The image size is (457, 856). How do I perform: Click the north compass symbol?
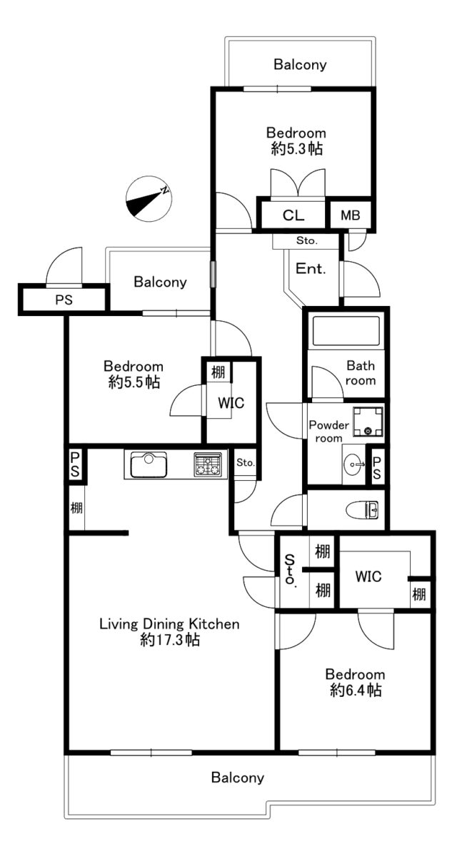[x=149, y=199]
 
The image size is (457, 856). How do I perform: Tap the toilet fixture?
[x=362, y=510]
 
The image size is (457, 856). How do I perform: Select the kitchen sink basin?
[x=149, y=464]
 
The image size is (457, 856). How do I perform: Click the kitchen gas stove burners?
[x=208, y=464]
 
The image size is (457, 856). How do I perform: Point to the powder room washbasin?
[x=353, y=464]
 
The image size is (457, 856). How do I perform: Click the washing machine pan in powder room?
[x=368, y=422]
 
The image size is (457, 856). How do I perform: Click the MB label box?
[x=351, y=215]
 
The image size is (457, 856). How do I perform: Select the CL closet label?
[x=293, y=215]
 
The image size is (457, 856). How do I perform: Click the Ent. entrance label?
[x=311, y=269]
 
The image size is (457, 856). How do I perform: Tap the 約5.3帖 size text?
[x=297, y=148]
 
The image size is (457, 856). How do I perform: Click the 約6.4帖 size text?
[x=356, y=690]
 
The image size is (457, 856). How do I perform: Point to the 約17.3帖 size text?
[x=170, y=639]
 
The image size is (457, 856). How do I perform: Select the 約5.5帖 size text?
[x=134, y=382]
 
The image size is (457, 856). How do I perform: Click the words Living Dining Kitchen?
[x=169, y=623]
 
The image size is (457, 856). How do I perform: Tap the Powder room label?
[x=329, y=432]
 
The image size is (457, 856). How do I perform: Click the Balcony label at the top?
[x=300, y=65]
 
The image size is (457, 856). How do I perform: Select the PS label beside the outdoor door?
[x=64, y=300]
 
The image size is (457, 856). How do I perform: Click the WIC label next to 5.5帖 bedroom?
[x=231, y=403]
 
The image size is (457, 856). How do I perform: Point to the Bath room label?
[x=361, y=373]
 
